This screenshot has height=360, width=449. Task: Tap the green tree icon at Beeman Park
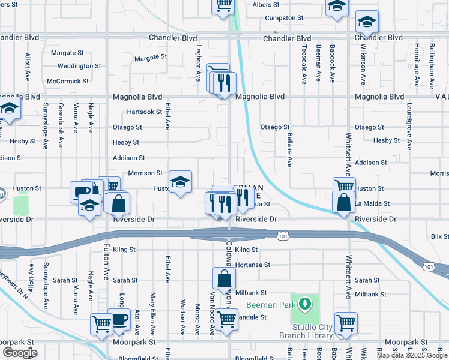pyautogui.click(x=305, y=304)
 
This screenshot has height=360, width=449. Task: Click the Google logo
pyautogui.click(x=20, y=353)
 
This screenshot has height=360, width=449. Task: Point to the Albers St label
pyautogui.click(x=262, y=5)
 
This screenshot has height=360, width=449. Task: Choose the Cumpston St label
pyautogui.click(x=285, y=18)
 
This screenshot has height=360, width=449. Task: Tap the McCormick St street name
pyautogui.click(x=68, y=81)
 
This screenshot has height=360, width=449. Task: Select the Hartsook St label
pyautogui.click(x=144, y=112)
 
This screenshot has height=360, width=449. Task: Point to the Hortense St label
pyautogui.click(x=253, y=265)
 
